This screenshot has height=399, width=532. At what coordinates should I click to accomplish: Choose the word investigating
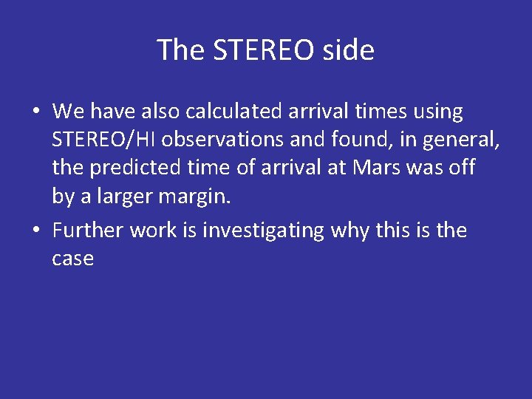coord(263,231)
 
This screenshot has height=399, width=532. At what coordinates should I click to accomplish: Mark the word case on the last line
coord(72,259)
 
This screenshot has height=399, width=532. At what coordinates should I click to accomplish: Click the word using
coord(438,112)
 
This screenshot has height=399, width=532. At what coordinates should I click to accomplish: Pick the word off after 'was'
coord(462,168)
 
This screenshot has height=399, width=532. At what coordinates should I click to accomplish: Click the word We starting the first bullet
coord(68,112)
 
